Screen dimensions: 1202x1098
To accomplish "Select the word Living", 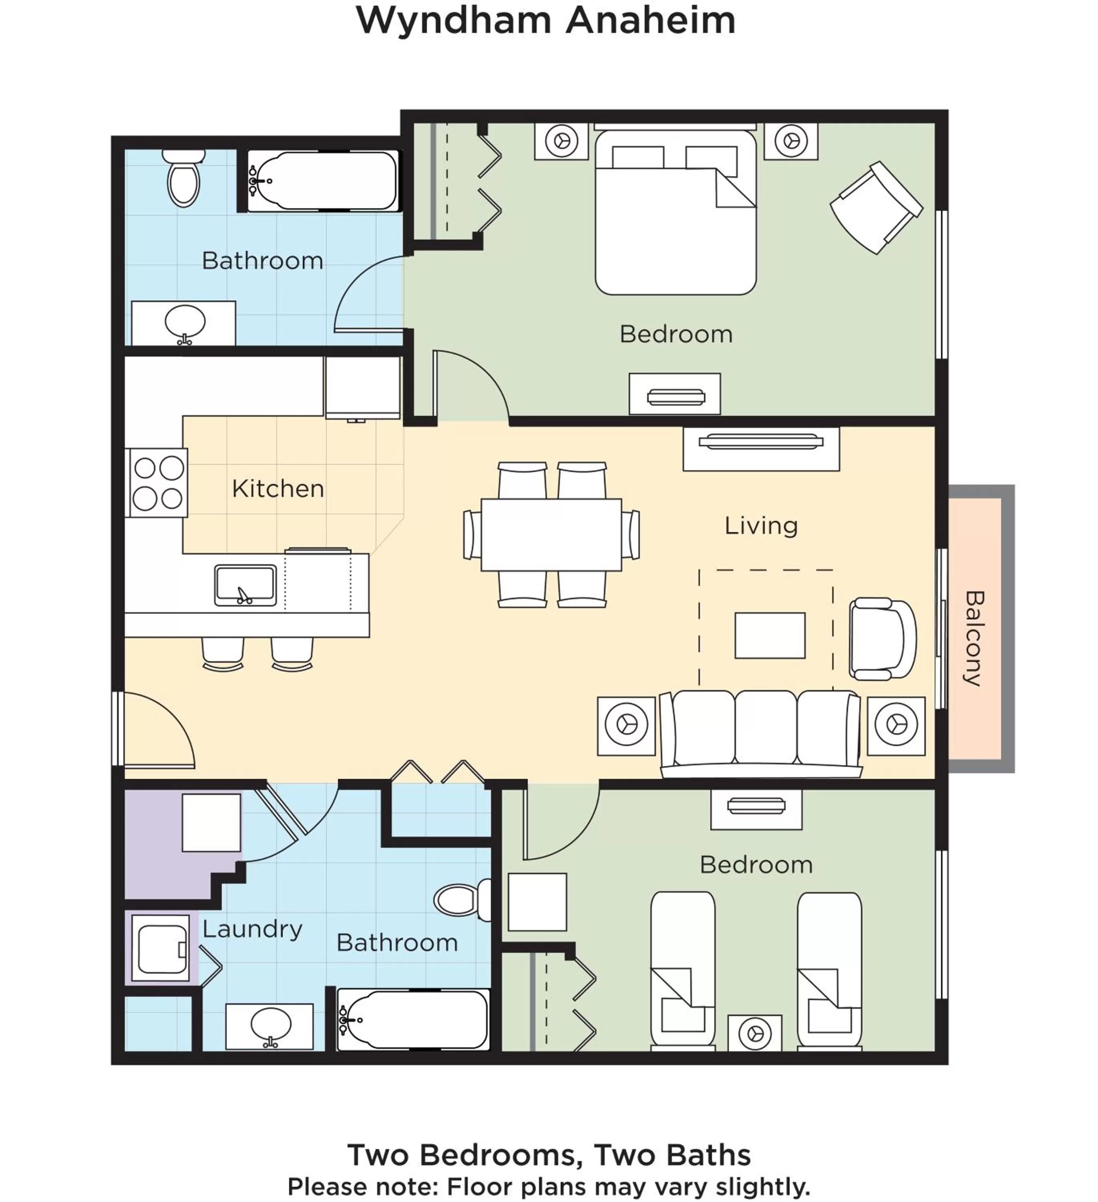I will tap(761, 525).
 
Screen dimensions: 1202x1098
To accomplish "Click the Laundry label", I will tap(252, 929).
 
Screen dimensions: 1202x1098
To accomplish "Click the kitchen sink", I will tap(245, 585).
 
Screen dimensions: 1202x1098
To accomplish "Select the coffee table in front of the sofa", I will tap(770, 635).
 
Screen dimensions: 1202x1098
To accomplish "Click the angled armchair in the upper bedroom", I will tap(876, 208).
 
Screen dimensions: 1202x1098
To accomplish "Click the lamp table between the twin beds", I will tap(754, 1033).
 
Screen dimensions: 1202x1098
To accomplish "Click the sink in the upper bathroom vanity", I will tap(185, 323).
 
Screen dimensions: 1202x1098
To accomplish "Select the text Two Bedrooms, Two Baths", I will tap(549, 1155).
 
